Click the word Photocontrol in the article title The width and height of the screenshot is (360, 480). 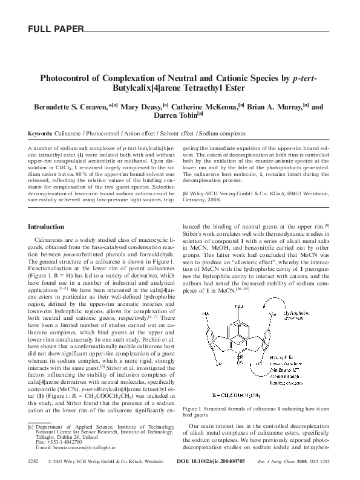coord(68,79)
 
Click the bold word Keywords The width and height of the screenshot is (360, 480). coord(40,133)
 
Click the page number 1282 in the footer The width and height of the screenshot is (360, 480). coord(33,461)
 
